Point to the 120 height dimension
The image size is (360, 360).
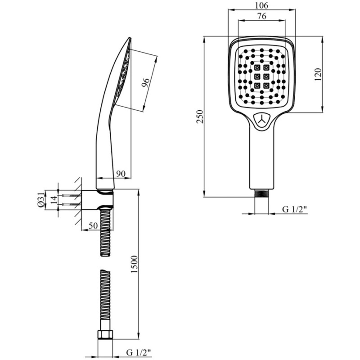click(318, 74)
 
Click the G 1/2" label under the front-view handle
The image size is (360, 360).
click(294, 209)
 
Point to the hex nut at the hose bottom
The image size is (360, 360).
click(105, 335)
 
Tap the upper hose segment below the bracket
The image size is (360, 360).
click(105, 232)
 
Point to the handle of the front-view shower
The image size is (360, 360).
click(261, 157)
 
